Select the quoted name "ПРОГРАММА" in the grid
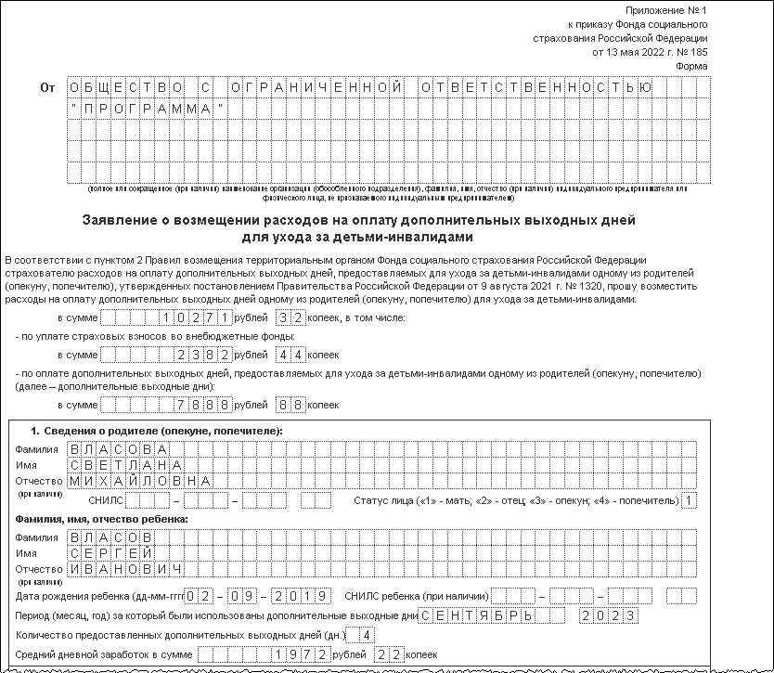(148, 110)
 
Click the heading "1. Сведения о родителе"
(156, 432)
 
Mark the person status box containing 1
(689, 501)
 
